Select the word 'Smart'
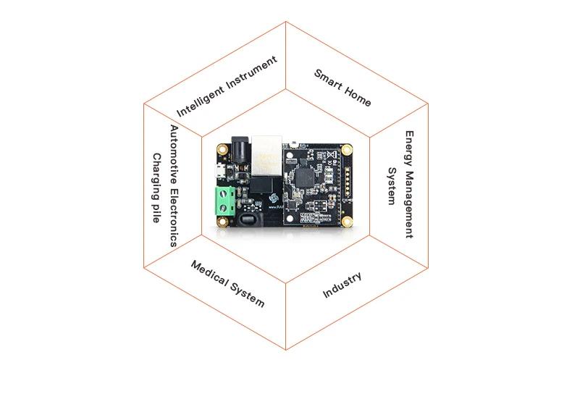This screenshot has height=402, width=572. pyautogui.click(x=328, y=80)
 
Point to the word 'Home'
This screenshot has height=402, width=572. pyautogui.click(x=358, y=97)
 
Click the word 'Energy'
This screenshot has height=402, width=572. pyautogui.click(x=410, y=149)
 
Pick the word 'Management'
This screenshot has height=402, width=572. pyautogui.click(x=410, y=205)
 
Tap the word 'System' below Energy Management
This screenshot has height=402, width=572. pyautogui.click(x=392, y=186)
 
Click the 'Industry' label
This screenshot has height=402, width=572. pyautogui.click(x=342, y=285)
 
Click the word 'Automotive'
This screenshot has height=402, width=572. pyautogui.click(x=174, y=155)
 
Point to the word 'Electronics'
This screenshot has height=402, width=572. pyautogui.click(x=174, y=218)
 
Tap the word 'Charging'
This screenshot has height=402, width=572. pyautogui.click(x=156, y=176)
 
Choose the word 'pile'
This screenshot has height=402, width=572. pyautogui.click(x=156, y=213)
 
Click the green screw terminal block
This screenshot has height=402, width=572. pyautogui.click(x=224, y=201)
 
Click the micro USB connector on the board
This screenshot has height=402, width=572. pyautogui.click(x=219, y=171)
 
